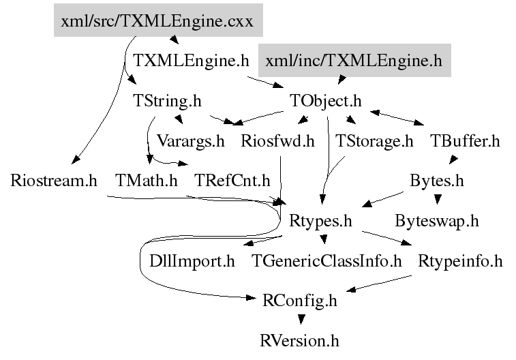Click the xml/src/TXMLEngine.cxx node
click(157, 21)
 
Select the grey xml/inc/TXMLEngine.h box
click(354, 61)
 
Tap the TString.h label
click(167, 101)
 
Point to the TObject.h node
click(325, 101)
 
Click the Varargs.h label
click(190, 141)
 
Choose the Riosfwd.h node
click(277, 141)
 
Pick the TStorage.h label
click(374, 141)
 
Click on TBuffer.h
click(465, 141)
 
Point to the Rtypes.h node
click(320, 221)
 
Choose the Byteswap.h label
click(437, 221)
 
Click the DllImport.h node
click(192, 260)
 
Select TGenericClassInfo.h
click(327, 260)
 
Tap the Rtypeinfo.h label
click(460, 260)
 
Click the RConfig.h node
click(299, 300)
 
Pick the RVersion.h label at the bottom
click(299, 340)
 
